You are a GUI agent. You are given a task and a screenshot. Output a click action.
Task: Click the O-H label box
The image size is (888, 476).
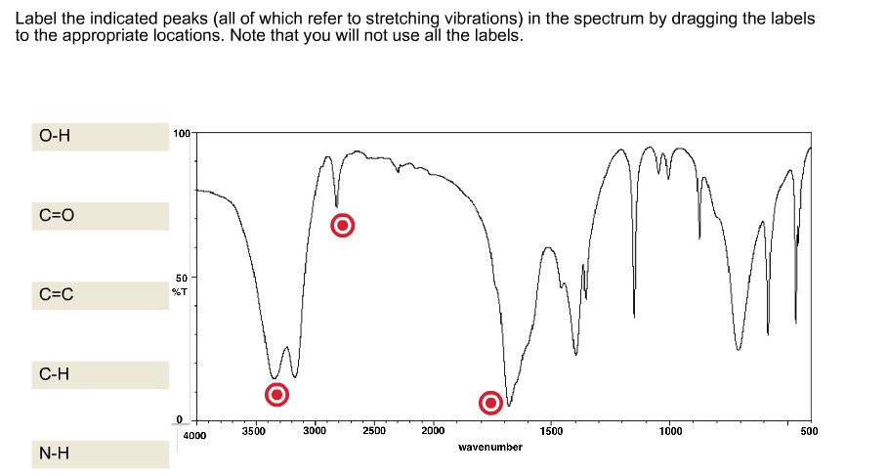tap(99, 136)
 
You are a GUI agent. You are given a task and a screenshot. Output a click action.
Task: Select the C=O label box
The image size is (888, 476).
tap(99, 215)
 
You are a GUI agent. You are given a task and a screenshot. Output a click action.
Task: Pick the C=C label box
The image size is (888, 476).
tap(99, 294)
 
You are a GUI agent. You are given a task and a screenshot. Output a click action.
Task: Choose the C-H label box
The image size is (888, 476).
tap(99, 373)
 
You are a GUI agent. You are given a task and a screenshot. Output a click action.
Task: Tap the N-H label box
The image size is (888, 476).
tap(99, 454)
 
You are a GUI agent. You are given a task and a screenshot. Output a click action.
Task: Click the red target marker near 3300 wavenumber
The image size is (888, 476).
tap(277, 394)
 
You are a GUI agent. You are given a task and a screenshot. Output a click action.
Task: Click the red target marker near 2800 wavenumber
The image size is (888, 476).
tap(343, 226)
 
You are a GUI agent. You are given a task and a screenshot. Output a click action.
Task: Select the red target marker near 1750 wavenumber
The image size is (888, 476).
tap(490, 403)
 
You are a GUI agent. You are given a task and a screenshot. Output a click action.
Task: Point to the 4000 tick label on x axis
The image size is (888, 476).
tap(194, 434)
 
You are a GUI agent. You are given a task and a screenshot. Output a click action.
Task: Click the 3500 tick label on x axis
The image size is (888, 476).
tap(253, 430)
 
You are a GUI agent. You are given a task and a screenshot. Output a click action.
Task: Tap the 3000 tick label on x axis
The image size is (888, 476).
tap(315, 430)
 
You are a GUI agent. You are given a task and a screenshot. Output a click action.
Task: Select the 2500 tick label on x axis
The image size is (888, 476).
tap(374, 430)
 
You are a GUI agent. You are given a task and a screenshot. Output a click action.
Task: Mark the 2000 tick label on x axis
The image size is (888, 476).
tap(433, 430)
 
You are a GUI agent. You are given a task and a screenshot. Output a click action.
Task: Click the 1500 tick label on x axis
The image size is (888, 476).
tap(551, 430)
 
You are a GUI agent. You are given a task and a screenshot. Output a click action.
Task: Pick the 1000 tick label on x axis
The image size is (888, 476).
tap(669, 430)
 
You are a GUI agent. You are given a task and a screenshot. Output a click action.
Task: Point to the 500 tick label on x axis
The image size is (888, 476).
tap(808, 430)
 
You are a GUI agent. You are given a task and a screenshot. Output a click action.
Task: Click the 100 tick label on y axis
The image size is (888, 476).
tap(180, 132)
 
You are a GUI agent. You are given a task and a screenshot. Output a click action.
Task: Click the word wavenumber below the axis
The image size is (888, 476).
tap(489, 447)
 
